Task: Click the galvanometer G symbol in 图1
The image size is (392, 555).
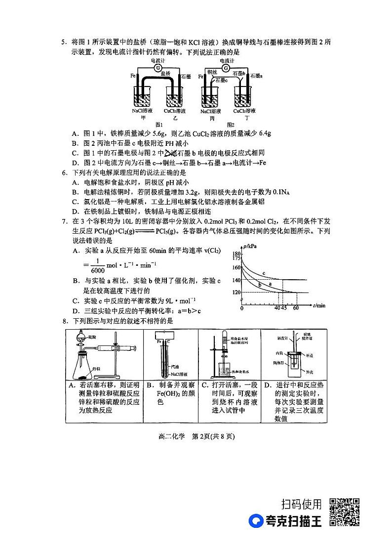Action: click(x=157, y=67)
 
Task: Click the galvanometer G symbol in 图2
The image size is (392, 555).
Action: click(x=225, y=67)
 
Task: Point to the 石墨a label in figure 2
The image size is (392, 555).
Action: click(x=256, y=76)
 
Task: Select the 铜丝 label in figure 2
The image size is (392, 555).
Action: click(x=212, y=73)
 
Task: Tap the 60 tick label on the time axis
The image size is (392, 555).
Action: click(x=296, y=308)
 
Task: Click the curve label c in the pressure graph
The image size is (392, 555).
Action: click(x=264, y=273)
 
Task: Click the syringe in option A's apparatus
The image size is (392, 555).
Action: click(x=121, y=348)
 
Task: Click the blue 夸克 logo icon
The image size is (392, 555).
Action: click(x=256, y=521)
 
